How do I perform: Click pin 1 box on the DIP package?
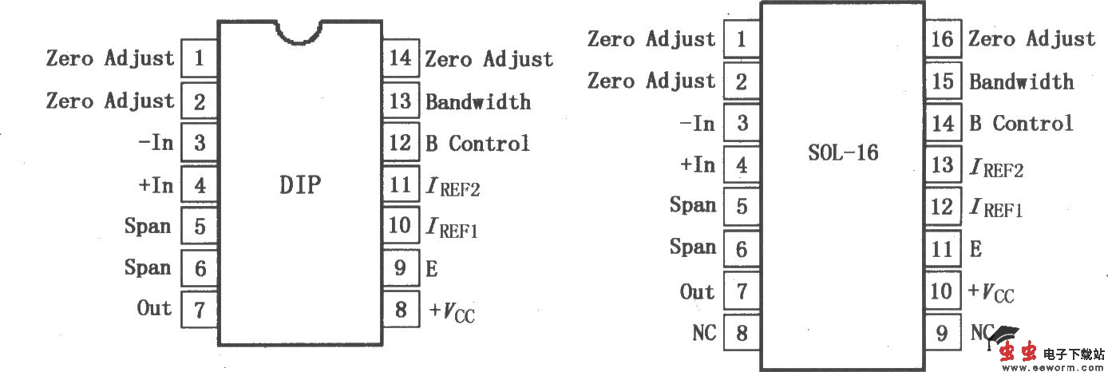pos(199,58)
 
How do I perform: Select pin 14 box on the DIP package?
pos(400,58)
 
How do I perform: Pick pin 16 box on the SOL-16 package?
pos(943,38)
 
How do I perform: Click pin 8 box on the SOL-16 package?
pos(742,332)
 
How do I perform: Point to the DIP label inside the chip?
pos(299,185)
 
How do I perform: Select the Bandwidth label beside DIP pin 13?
pos(477,101)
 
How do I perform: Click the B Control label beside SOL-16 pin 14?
pos(1021,123)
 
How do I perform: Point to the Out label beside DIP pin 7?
pos(155,308)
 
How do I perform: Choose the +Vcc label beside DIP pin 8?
pos(452,310)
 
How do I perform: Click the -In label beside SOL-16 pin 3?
pos(696,123)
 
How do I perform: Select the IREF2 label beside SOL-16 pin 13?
pos(995,167)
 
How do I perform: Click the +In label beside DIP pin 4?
pos(155,184)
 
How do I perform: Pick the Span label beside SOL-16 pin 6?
pos(692,247)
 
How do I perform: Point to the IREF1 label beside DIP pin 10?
pos(452,228)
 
